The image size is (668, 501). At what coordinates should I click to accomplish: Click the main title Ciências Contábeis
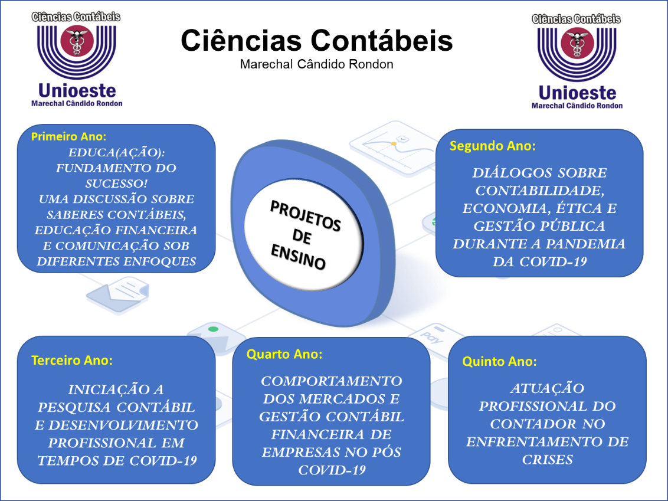pos(316,41)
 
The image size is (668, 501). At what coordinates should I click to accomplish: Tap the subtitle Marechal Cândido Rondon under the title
pos(316,64)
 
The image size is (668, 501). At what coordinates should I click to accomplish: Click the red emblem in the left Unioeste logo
pos(77,41)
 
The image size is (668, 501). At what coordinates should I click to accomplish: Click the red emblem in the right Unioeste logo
pos(577,43)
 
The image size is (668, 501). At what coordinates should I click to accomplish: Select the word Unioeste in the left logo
pos(77,91)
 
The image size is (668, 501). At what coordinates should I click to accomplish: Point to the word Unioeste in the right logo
pos(577,93)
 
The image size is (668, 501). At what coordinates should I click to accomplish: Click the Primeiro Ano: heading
pos(68,136)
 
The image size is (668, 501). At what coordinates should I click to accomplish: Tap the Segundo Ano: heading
pos(493,146)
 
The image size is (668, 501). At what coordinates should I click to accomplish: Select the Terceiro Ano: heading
pos(72,361)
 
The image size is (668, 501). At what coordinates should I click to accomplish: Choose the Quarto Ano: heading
pos(284,354)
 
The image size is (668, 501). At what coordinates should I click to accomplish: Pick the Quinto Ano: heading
pos(499,362)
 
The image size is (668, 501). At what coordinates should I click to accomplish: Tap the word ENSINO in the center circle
pos(298,257)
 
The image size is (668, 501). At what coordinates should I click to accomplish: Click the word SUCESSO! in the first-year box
pos(116,184)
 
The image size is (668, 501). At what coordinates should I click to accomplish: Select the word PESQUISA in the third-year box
pos(74,407)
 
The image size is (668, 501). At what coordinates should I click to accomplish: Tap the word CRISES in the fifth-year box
pos(548,460)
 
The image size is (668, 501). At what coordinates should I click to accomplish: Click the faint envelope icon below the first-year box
pos(118,294)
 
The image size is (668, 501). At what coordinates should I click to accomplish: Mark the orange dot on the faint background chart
pos(394,144)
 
